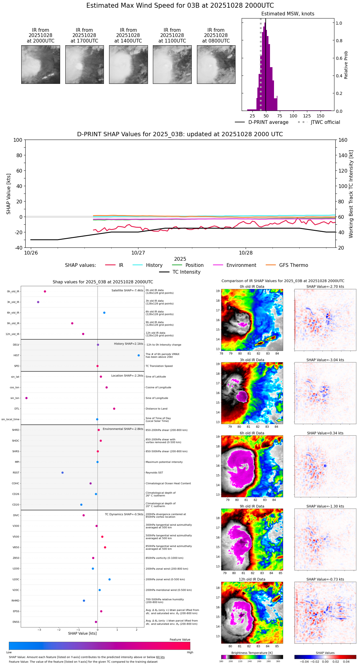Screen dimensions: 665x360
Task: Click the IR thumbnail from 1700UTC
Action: (84, 64)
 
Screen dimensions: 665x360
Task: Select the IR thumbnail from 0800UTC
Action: (216, 64)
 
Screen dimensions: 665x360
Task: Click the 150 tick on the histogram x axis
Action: (321, 116)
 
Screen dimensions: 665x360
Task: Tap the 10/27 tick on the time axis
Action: (138, 253)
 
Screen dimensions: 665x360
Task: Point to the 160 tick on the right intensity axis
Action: (343, 140)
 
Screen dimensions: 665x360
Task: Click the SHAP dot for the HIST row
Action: (139, 355)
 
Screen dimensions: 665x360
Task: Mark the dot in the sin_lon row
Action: (27, 398)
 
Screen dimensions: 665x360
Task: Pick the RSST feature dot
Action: (63, 473)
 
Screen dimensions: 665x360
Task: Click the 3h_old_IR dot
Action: (38, 302)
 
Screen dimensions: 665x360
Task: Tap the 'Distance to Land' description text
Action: (156, 409)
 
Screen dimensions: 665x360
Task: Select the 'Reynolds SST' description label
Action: (154, 473)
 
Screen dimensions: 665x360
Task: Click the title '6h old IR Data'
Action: (252, 433)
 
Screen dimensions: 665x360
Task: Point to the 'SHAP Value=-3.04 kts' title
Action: (325, 360)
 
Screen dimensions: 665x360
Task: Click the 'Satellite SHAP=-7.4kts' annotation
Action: (127, 290)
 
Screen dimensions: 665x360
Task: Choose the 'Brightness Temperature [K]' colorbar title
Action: (252, 653)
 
